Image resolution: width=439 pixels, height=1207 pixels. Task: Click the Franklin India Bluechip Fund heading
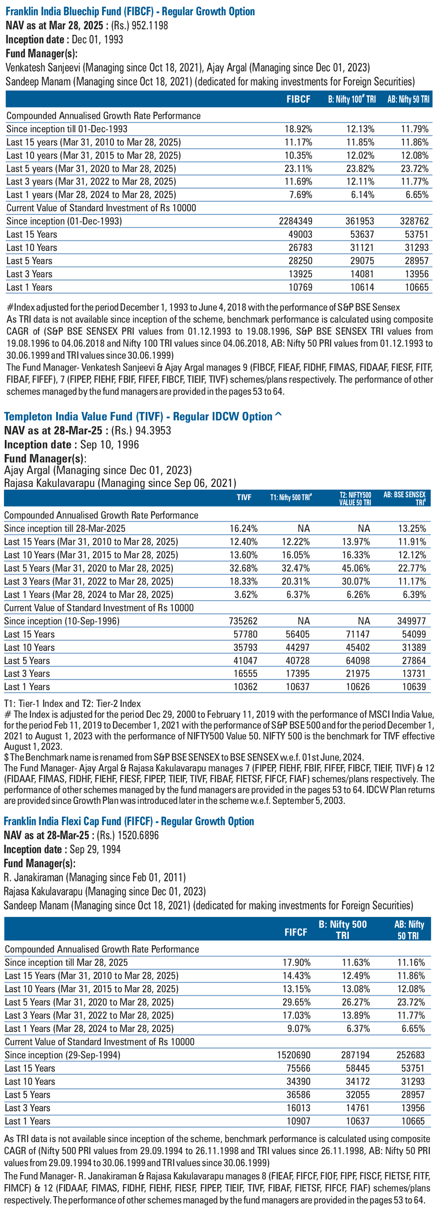coord(130,11)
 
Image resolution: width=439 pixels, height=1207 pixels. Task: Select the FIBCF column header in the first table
coord(298,99)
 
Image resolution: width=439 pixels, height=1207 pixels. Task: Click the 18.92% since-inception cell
coord(298,129)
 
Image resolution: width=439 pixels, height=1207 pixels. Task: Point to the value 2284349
coord(295,221)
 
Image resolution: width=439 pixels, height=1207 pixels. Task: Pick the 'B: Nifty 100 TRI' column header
coord(352,99)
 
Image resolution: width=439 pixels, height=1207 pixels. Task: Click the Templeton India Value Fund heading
coord(143,416)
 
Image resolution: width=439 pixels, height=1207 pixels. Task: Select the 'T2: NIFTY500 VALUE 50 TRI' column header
coord(355,499)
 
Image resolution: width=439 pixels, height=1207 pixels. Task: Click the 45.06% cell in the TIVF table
coord(356,568)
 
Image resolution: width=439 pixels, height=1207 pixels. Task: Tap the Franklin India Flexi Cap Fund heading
coord(129,821)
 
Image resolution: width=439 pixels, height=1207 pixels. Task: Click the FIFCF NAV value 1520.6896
coord(139,835)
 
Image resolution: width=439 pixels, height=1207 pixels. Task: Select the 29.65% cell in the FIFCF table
coord(297,1002)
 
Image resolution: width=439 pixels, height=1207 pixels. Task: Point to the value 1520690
coord(294,1055)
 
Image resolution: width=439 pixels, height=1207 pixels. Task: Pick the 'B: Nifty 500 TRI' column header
coord(342,930)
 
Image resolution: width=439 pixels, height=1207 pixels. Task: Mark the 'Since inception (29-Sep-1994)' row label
coord(62,1055)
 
